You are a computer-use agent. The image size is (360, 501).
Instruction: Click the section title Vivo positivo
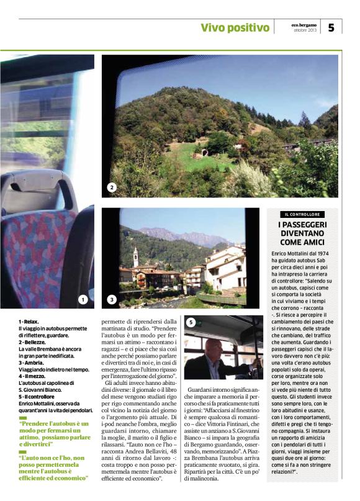[235, 27]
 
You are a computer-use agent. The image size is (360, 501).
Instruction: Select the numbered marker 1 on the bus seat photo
[83, 300]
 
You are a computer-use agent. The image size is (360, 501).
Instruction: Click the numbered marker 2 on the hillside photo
[112, 187]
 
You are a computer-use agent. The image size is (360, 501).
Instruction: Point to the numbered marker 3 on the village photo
[112, 300]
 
